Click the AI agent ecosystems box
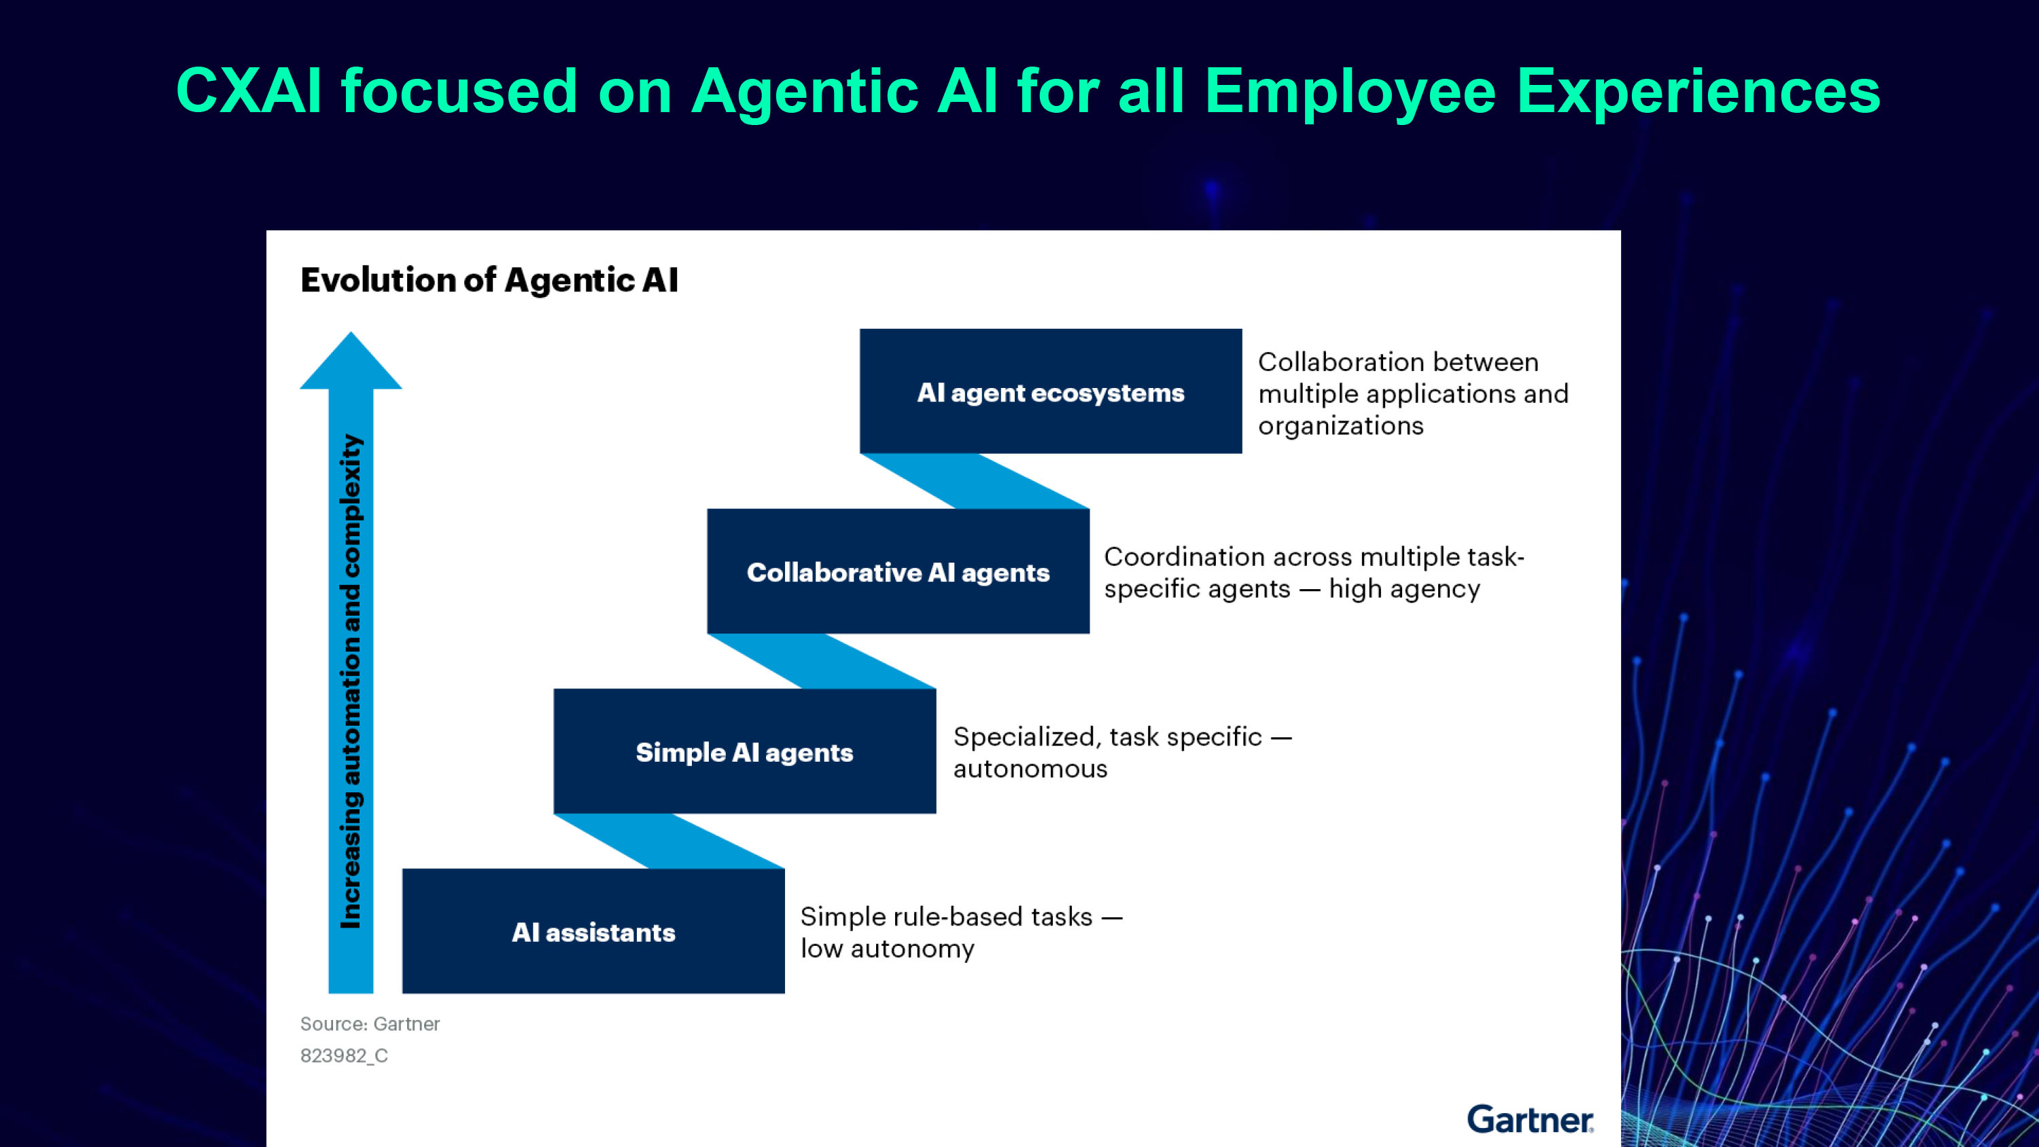pos(1050,391)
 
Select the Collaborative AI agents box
pos(898,571)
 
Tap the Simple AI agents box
pos(744,752)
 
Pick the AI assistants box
pos(593,931)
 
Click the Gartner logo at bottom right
pos(1529,1119)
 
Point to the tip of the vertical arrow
pos(351,336)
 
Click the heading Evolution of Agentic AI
pos(489,280)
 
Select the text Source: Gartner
pos(370,1023)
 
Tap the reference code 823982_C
pos(343,1055)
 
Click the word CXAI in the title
pos(249,91)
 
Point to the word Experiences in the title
pos(1698,92)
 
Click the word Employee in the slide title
pos(1350,92)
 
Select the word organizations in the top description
pos(1340,426)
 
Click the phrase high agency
pos(1404,589)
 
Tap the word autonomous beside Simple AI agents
pos(1030,769)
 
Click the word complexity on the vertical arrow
pos(351,507)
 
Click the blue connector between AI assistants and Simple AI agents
pos(669,841)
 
